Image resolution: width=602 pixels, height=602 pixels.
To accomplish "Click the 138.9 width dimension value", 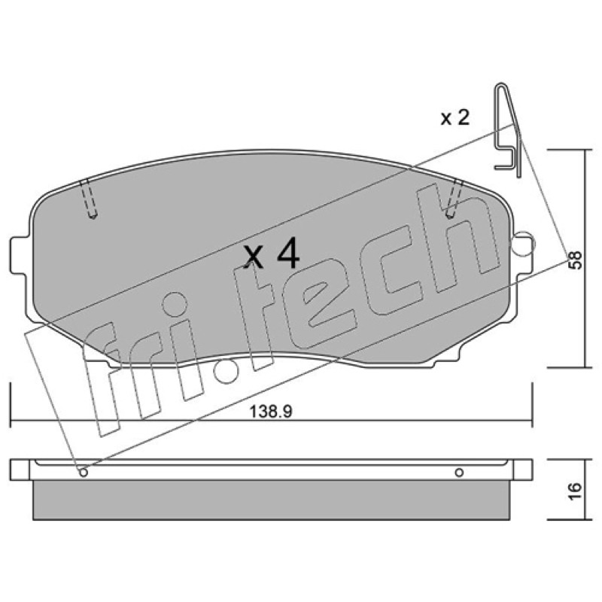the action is coord(271,412).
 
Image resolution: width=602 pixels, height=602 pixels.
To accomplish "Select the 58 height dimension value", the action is coord(576,260).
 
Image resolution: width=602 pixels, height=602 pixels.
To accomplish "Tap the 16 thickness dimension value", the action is coord(576,491).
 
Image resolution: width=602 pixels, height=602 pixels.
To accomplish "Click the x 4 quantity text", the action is coord(272,253).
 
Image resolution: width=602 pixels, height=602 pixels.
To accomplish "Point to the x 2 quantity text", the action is coord(455,117).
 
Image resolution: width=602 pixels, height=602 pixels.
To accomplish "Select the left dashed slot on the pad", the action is coord(88,198).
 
